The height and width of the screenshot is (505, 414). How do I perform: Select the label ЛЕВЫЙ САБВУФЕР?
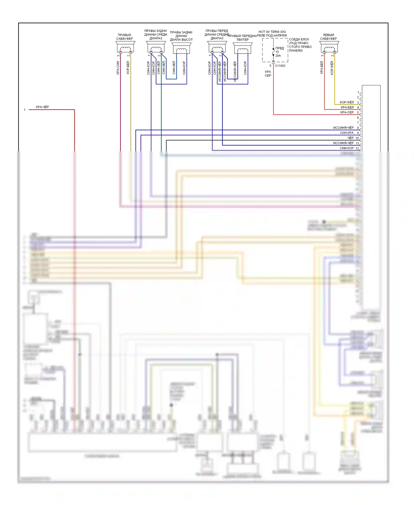pyautogui.click(x=328, y=37)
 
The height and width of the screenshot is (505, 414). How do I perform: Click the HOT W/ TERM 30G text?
pyautogui.click(x=272, y=32)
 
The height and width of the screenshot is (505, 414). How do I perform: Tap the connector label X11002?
pyautogui.click(x=280, y=66)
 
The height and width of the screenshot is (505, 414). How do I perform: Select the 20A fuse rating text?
pyautogui.click(x=278, y=56)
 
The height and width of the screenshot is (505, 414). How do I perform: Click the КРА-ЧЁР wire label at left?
pyautogui.click(x=42, y=107)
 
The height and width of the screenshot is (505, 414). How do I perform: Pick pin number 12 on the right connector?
pyautogui.click(x=357, y=148)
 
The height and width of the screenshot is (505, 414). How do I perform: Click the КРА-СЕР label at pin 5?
pyautogui.click(x=347, y=112)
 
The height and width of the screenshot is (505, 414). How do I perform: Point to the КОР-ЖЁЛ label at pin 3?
pyautogui.click(x=347, y=102)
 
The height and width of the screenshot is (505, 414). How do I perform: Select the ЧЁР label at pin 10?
pyautogui.click(x=350, y=138)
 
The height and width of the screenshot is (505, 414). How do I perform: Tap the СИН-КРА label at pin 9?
pyautogui.click(x=347, y=133)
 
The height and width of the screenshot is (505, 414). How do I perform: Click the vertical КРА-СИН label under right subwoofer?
pyautogui.click(x=118, y=68)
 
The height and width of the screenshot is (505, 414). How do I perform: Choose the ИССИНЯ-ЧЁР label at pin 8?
pyautogui.click(x=343, y=128)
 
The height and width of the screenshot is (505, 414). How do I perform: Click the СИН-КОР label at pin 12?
pyautogui.click(x=347, y=148)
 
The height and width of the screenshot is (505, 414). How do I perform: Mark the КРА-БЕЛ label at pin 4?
pyautogui.click(x=347, y=107)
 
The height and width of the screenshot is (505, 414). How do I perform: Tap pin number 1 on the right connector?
pyautogui.click(x=358, y=92)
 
